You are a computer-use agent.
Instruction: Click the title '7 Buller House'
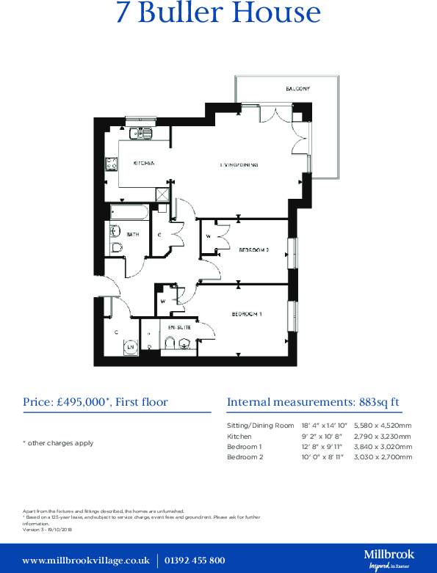pos(218,14)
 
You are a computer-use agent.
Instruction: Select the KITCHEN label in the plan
pos(143,164)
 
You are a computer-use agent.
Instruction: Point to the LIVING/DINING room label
pos(239,165)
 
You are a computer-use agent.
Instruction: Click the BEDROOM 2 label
pos(254,249)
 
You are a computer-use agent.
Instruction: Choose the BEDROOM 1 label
pos(247,314)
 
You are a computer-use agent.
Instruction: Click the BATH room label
pos(133,235)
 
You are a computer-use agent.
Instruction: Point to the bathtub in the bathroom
pos(129,213)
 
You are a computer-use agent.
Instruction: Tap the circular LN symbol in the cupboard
pos(130,347)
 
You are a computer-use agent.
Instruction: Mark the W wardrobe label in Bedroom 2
pos(209,236)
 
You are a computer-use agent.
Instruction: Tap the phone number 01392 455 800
pos(194,561)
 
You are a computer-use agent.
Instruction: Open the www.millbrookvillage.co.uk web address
pos(86,561)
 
